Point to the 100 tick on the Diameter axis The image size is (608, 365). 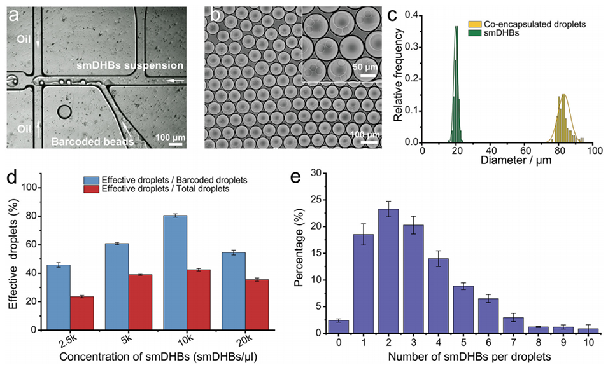595,151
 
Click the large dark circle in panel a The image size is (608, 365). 65,112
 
